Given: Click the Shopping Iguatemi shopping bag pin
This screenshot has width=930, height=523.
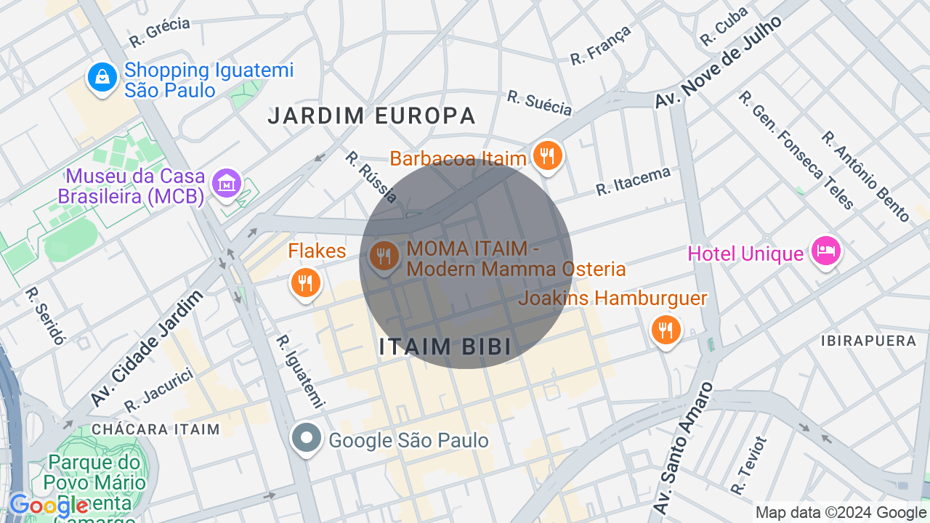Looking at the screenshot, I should click(102, 76).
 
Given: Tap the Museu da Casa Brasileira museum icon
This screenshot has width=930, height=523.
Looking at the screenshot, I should click(227, 184).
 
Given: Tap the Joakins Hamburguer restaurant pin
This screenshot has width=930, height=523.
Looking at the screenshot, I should click(665, 330).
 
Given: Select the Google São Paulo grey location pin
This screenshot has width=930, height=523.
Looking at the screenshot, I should click(307, 438).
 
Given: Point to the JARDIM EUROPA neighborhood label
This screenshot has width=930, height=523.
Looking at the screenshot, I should click(371, 115).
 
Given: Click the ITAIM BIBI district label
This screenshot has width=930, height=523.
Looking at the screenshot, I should click(445, 346).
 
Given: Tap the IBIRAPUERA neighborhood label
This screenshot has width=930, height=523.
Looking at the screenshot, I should click(868, 341).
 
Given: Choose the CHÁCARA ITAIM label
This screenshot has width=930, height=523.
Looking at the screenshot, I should click(155, 429).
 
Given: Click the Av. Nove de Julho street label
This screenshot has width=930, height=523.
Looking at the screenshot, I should click(719, 61).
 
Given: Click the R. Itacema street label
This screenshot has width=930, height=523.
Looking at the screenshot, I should click(633, 182).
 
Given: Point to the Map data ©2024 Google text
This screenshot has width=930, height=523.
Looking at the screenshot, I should click(841, 513).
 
